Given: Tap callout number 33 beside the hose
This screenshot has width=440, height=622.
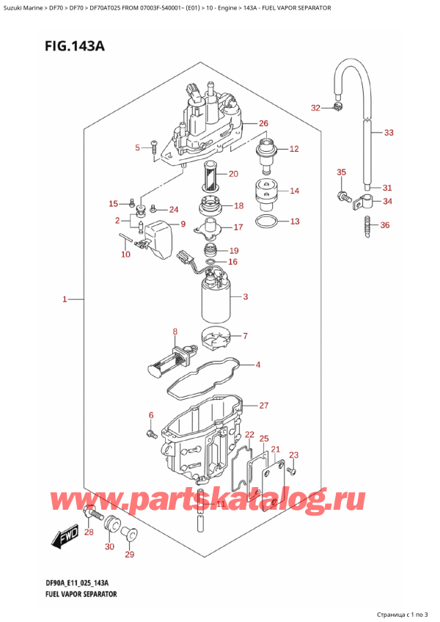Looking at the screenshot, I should (x=389, y=133).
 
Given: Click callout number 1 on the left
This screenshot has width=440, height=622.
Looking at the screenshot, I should (x=65, y=299).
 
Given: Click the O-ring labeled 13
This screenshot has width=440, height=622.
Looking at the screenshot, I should (x=265, y=221).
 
